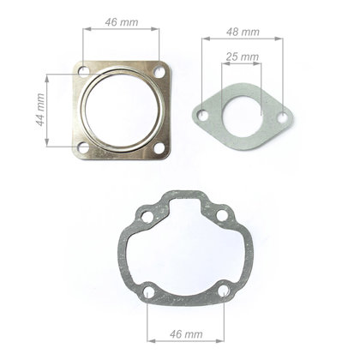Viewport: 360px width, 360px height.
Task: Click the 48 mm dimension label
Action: pos(243,32)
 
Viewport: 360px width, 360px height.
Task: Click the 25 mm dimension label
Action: pos(243,57)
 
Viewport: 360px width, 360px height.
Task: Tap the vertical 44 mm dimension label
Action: pos(40,110)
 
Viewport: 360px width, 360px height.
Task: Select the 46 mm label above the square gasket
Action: pos(122,22)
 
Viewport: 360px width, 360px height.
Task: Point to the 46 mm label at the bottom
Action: pos(186,333)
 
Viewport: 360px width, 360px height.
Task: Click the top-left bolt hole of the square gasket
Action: pos(84,71)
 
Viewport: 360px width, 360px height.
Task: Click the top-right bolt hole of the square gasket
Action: pos(159,71)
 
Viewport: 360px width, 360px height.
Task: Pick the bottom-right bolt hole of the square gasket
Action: pos(159,147)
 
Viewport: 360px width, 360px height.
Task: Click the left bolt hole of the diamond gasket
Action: pos(204,115)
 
